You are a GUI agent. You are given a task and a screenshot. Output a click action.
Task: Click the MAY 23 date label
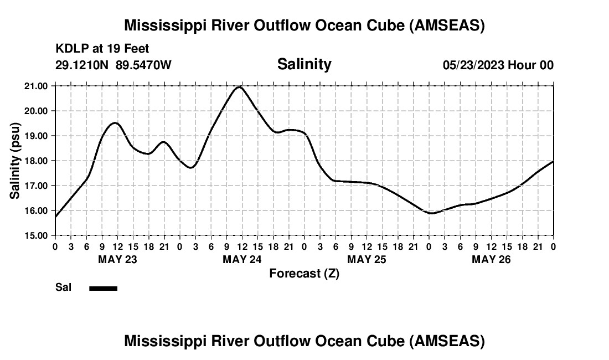coord(117,259)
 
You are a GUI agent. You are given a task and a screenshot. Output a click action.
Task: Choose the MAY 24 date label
coord(242,259)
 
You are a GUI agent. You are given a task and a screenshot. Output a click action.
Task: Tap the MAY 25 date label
coord(367,259)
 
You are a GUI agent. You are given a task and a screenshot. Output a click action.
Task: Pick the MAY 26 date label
coord(491,259)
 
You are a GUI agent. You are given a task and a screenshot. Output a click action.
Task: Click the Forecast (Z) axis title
coord(304,273)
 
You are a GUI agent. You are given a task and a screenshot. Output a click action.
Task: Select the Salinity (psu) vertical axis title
coord(15,161)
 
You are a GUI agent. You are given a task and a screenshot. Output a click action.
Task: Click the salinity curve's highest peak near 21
coord(239,87)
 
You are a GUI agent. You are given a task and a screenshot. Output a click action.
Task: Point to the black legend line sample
coord(103,288)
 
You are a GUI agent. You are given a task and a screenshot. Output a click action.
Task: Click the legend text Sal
coord(62,287)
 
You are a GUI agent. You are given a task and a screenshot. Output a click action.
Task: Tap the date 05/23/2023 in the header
coord(473,65)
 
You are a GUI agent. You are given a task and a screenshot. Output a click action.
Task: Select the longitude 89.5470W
coord(143,65)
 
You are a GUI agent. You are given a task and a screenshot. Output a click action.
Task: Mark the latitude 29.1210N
coord(83,65)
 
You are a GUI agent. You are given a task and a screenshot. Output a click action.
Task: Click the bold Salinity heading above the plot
coord(304,64)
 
